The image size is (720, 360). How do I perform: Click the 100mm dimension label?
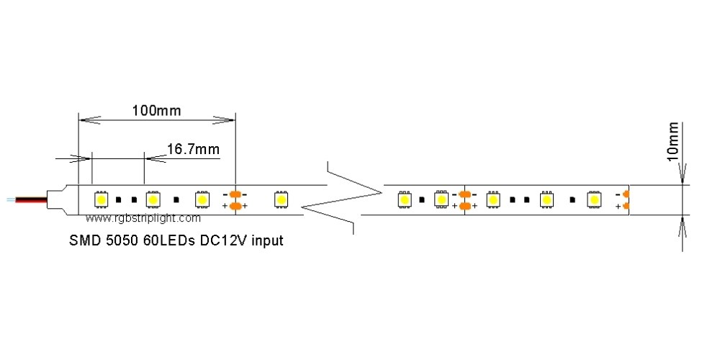156,111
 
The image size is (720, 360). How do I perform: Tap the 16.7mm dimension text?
193,149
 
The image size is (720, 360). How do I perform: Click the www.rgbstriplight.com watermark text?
143,217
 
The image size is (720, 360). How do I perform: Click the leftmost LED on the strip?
101,198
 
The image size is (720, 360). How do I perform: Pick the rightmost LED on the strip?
594,199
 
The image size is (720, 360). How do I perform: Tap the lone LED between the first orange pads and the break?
280,198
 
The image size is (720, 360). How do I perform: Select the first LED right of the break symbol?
405,199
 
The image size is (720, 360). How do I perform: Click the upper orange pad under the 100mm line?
235,193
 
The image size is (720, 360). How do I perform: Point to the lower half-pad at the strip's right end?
626,207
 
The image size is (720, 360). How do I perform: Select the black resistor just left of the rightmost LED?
572,199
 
